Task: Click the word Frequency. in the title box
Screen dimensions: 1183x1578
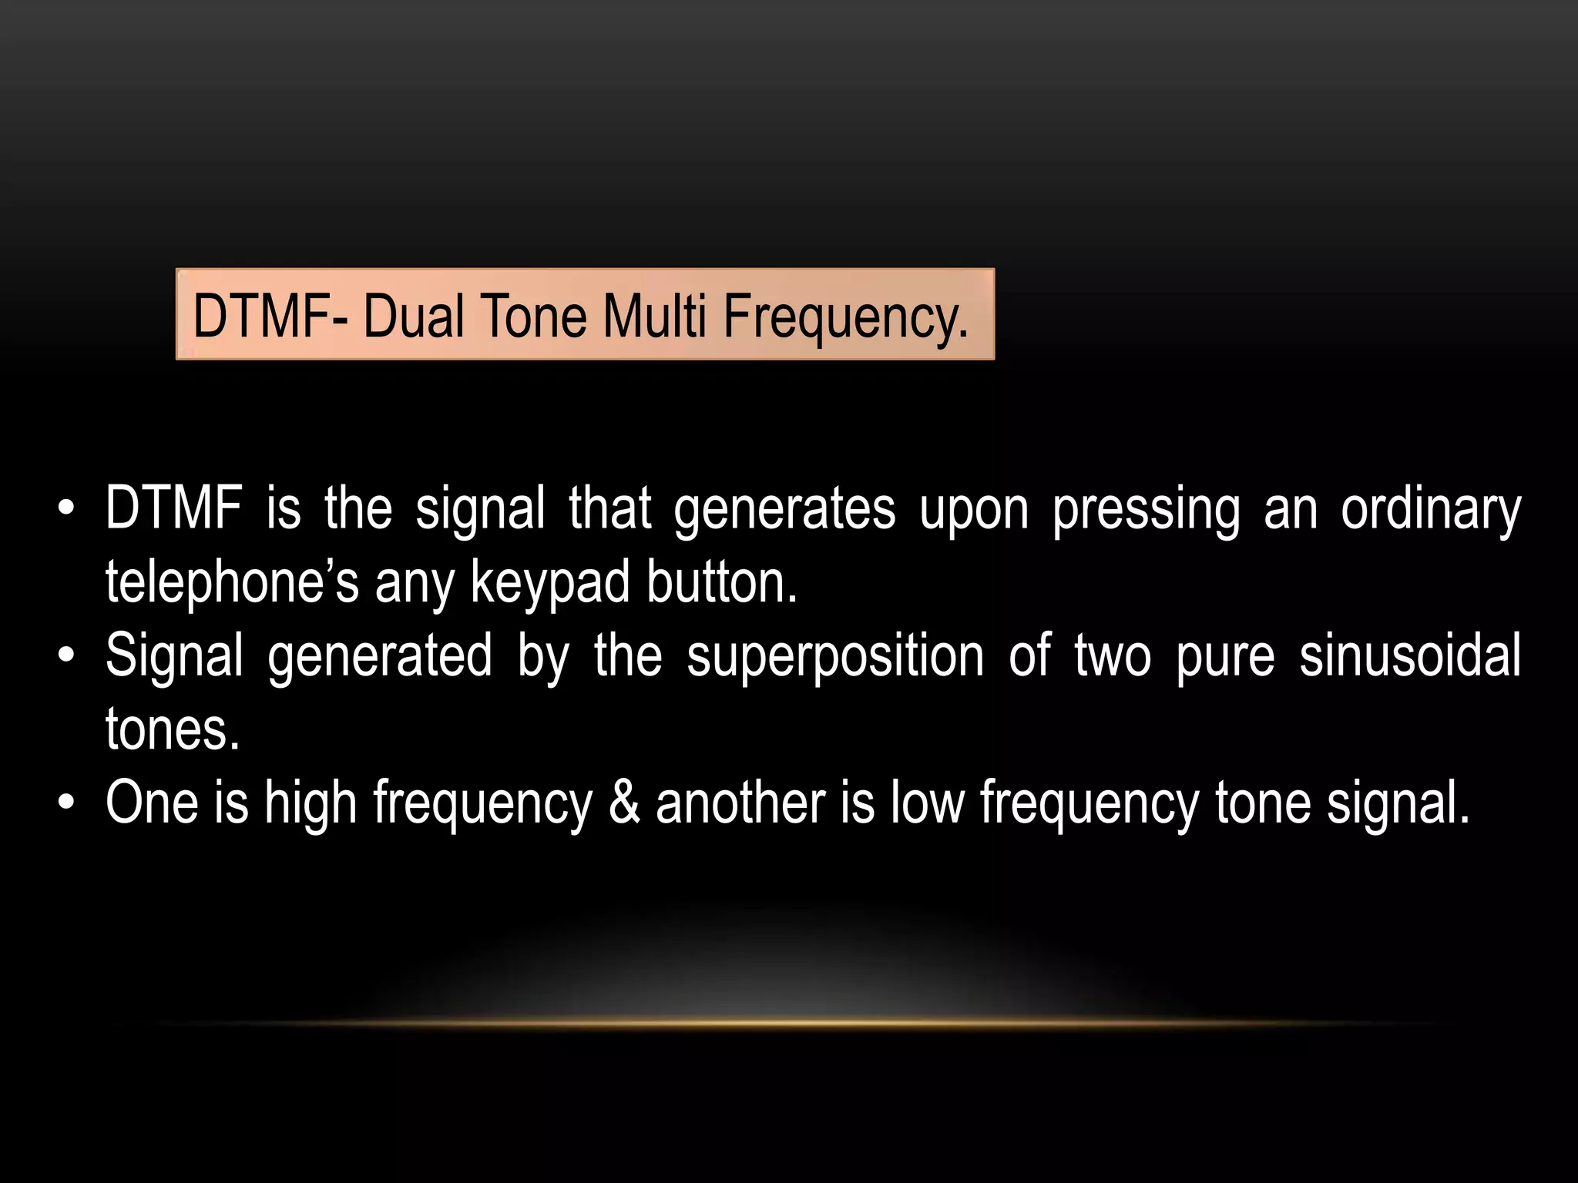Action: click(845, 317)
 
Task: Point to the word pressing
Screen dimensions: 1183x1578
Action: click(1147, 510)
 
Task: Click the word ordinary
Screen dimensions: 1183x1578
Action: click(1431, 510)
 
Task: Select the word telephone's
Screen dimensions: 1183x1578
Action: click(232, 583)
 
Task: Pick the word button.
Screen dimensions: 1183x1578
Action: click(722, 583)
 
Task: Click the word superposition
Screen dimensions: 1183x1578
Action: click(835, 657)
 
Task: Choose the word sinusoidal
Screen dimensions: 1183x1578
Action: click(1410, 655)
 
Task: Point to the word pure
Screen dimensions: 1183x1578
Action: click(1225, 657)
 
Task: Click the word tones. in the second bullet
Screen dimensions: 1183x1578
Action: click(173, 729)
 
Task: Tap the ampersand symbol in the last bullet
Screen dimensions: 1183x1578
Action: click(624, 803)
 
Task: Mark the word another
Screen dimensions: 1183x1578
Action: click(740, 803)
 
